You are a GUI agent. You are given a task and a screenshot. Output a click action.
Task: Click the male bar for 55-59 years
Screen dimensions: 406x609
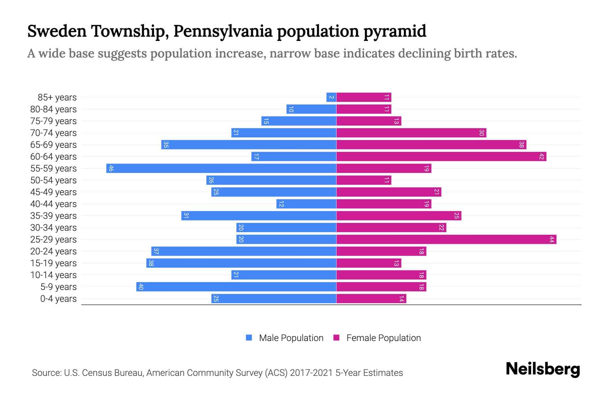[x=221, y=168]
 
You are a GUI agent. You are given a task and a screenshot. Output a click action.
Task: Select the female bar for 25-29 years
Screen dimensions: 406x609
[x=446, y=240]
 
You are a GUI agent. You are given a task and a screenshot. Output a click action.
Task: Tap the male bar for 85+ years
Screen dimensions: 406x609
[x=331, y=97]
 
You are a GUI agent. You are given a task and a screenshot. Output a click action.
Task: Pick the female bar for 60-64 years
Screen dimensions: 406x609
[x=441, y=157]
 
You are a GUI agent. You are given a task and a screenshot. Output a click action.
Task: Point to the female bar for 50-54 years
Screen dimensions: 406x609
[x=364, y=180]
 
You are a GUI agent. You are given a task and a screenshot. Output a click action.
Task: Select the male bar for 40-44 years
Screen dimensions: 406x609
[x=306, y=204]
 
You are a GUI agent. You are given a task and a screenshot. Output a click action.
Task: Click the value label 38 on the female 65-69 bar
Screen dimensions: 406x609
[x=521, y=145]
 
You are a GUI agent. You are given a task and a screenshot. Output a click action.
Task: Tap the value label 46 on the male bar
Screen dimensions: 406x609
[x=111, y=168]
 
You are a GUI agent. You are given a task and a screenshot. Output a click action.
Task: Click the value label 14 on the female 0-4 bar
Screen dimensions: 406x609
[x=401, y=299]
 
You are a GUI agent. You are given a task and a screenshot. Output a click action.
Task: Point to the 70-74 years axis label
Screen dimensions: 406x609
[x=53, y=133]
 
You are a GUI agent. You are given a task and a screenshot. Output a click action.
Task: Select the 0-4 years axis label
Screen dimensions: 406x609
[x=58, y=299]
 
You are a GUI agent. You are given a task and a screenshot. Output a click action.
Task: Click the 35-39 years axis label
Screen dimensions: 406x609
[x=53, y=216]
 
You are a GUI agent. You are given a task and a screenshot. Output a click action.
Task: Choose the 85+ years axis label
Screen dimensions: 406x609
[x=57, y=97]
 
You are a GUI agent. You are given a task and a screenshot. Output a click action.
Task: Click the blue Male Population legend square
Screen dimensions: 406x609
[x=249, y=338]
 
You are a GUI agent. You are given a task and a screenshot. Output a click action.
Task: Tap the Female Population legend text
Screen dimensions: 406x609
[x=383, y=338]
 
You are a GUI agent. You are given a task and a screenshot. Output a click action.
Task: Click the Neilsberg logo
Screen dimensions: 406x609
[x=543, y=369]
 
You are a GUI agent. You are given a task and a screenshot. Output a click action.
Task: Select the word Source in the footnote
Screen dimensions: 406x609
[x=46, y=373]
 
